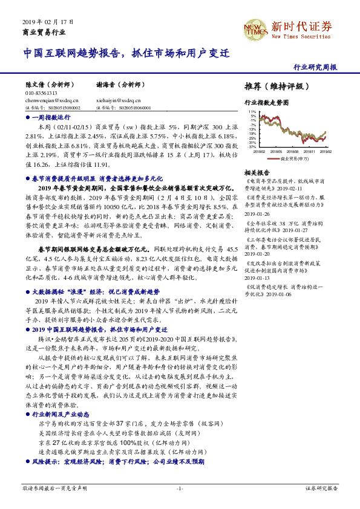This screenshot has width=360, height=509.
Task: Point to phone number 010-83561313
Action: tap(41, 94)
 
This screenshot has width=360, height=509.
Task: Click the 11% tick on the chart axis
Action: tap(252, 112)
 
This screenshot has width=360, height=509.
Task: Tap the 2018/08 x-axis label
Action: tap(293, 152)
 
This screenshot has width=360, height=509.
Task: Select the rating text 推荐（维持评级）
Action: tap(273, 86)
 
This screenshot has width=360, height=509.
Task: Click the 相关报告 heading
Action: tap(257, 173)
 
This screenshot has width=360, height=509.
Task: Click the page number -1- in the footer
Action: tap(180, 488)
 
